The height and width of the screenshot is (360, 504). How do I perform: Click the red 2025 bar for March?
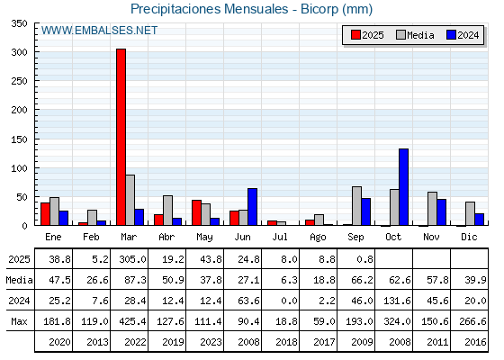[121, 137]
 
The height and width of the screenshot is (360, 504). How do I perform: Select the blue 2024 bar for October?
[404, 187]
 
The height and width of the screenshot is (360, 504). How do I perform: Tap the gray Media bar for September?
[356, 206]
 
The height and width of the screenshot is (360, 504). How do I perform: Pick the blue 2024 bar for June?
[252, 207]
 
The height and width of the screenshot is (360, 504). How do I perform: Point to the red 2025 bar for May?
[197, 212]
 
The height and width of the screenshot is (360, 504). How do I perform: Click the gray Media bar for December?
[470, 214]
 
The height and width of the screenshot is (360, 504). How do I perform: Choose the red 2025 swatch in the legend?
[355, 35]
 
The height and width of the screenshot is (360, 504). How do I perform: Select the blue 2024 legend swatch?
[452, 35]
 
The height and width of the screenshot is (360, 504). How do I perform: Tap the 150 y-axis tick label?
[19, 139]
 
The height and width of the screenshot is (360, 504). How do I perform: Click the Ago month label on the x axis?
[318, 238]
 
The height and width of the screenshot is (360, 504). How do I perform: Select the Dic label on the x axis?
[469, 237]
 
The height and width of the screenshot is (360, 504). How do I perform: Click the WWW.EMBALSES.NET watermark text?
[99, 31]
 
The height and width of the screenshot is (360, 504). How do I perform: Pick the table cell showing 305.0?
[132, 259]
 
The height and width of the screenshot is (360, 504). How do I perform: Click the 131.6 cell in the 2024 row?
[397, 301]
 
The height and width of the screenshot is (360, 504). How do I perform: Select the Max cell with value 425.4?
[132, 321]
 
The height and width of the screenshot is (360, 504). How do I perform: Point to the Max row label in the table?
[19, 321]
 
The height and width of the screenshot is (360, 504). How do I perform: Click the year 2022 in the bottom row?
[135, 342]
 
